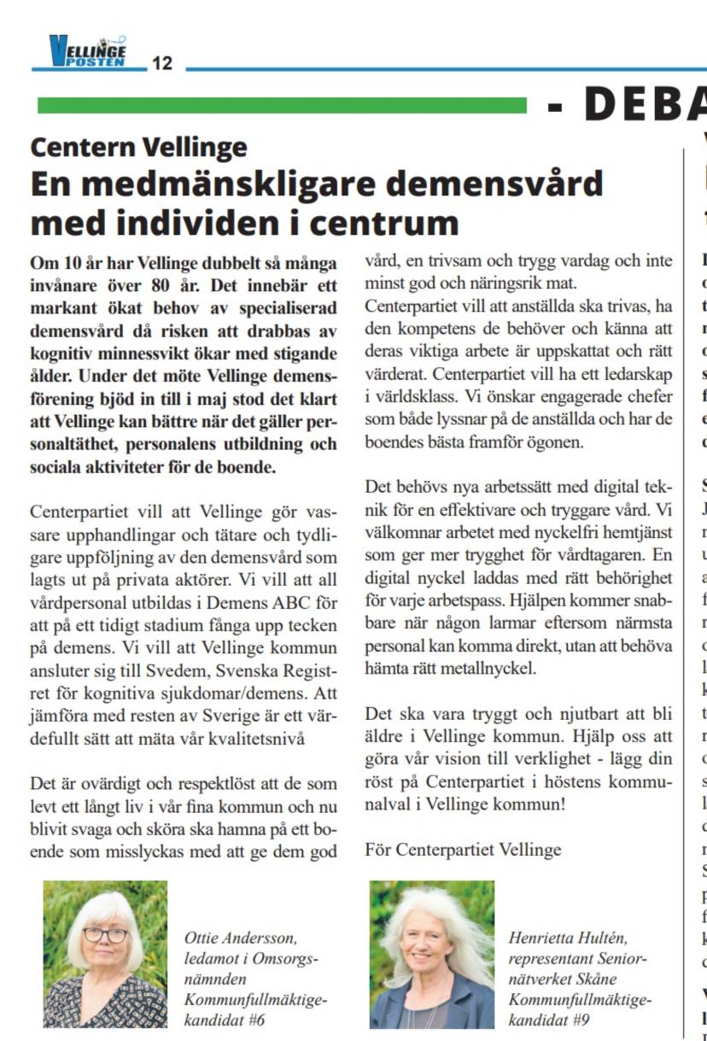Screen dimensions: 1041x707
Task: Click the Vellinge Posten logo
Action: point(87,51)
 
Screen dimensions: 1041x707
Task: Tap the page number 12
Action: point(162,63)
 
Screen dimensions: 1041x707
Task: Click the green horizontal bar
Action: point(282,106)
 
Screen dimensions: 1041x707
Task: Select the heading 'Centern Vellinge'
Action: point(138,147)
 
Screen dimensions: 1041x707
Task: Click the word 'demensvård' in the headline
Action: point(509,183)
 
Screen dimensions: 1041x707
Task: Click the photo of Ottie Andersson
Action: point(105,954)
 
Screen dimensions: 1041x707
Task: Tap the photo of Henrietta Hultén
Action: point(431,954)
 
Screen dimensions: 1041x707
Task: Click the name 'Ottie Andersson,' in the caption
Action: point(241,938)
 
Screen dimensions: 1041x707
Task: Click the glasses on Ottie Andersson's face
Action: point(106,934)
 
